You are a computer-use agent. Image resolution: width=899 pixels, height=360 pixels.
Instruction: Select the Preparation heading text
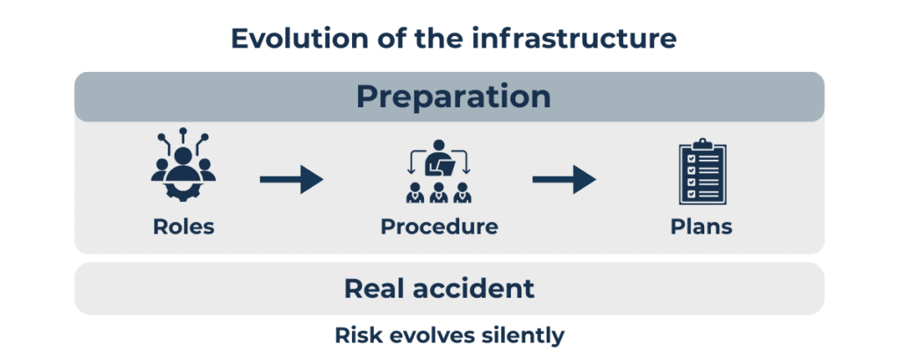(454, 97)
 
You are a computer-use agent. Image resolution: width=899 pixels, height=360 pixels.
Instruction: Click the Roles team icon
(183, 164)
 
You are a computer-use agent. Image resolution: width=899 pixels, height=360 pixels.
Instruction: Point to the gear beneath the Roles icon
(183, 190)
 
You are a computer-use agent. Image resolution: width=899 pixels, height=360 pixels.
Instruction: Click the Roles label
(183, 227)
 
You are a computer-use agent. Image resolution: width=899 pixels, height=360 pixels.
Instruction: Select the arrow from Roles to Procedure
(291, 180)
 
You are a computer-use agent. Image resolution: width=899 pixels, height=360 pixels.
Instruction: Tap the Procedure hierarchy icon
(439, 171)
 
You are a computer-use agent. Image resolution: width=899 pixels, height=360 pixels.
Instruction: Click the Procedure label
(439, 227)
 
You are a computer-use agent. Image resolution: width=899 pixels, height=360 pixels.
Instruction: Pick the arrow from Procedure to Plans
(565, 180)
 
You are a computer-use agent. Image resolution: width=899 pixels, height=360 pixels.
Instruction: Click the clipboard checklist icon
(701, 171)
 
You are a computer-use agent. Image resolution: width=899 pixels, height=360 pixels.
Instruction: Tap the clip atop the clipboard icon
(701, 143)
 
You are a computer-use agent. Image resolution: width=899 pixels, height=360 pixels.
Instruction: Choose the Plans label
(701, 227)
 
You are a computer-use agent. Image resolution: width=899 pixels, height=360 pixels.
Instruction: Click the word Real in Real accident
(374, 288)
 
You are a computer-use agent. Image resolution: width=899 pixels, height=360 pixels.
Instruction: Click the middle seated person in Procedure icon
(439, 193)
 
